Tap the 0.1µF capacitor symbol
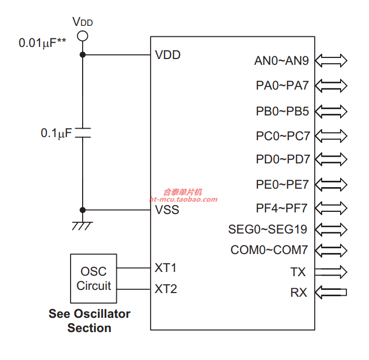click(83, 133)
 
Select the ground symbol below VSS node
click(82, 226)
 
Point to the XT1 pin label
click(165, 268)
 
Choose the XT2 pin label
click(166, 289)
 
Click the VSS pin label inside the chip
click(167, 210)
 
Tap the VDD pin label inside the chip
click(168, 55)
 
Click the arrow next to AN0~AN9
click(331, 61)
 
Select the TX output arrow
click(331, 271)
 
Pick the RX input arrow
click(331, 293)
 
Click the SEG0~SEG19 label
click(267, 229)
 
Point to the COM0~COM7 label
click(269, 250)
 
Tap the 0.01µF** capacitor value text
click(42, 43)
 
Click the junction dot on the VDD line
click(83, 55)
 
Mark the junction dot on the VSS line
click(83, 210)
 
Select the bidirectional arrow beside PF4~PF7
click(331, 208)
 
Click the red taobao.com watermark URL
click(183, 199)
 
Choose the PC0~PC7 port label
click(283, 136)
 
